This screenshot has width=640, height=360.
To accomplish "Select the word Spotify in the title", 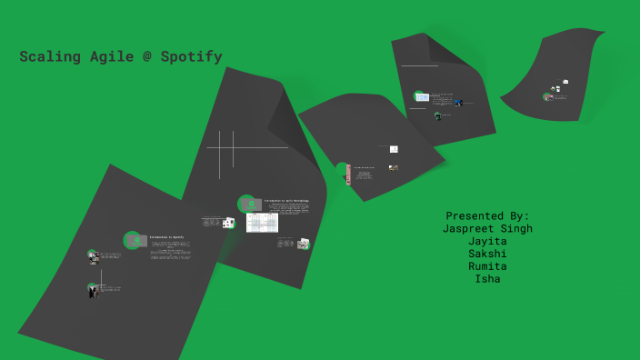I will [x=191, y=57].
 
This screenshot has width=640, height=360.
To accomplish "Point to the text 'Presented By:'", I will [x=487, y=216].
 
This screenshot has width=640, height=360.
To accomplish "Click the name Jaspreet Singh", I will [x=487, y=229].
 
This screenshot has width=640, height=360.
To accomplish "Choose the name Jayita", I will [x=487, y=242].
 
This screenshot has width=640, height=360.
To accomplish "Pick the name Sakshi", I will [x=487, y=255].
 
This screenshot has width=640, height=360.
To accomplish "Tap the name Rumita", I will [x=487, y=267].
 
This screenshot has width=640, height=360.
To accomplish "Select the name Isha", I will [x=487, y=279].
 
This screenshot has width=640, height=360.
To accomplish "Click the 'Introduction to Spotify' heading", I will [x=166, y=237].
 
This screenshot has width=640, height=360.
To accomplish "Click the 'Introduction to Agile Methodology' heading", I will [x=286, y=201].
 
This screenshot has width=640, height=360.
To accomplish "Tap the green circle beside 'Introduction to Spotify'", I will [x=133, y=240].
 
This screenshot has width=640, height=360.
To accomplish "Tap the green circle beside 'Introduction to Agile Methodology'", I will [x=246, y=204].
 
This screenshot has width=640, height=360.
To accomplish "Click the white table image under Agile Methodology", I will [x=262, y=223].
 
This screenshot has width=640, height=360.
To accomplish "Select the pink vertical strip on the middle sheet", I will [x=348, y=175].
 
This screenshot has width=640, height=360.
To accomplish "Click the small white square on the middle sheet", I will [x=394, y=149].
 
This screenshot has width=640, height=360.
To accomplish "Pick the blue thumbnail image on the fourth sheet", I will [x=422, y=97].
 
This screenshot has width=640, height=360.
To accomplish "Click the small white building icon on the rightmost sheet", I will [x=565, y=82].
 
